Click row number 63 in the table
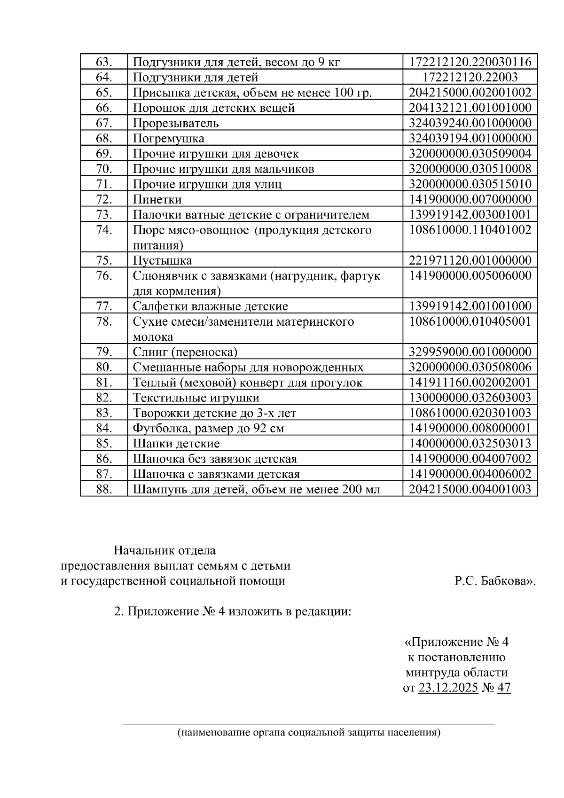point(103,62)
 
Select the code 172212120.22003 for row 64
point(470,77)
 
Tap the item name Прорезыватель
point(176,123)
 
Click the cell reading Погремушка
point(168,139)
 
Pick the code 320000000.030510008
point(470,169)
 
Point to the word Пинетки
point(157,199)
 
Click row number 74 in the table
point(103,230)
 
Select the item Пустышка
point(162,260)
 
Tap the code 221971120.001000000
point(470,260)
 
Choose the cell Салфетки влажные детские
point(210,306)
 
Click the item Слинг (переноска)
point(185,352)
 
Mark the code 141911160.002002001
point(470,383)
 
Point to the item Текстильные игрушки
point(196,398)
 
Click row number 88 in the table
point(103,489)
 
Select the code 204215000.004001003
point(470,489)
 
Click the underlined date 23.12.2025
point(447,688)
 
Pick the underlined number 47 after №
point(503,688)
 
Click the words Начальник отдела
point(164,550)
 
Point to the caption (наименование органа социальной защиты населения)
point(309,733)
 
